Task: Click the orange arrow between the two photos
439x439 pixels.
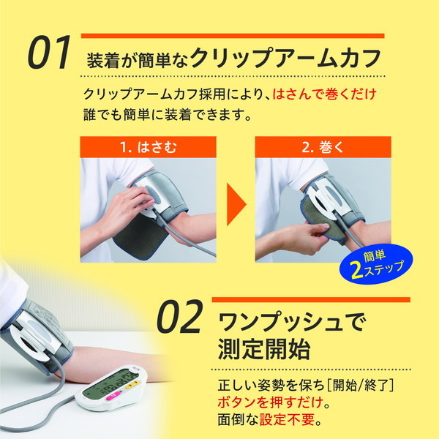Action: point(236,204)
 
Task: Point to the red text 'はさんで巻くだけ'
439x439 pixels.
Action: point(324,94)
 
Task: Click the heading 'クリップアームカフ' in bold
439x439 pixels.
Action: point(286,58)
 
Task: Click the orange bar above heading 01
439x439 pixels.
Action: point(232,35)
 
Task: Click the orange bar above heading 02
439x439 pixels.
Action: point(309,299)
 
